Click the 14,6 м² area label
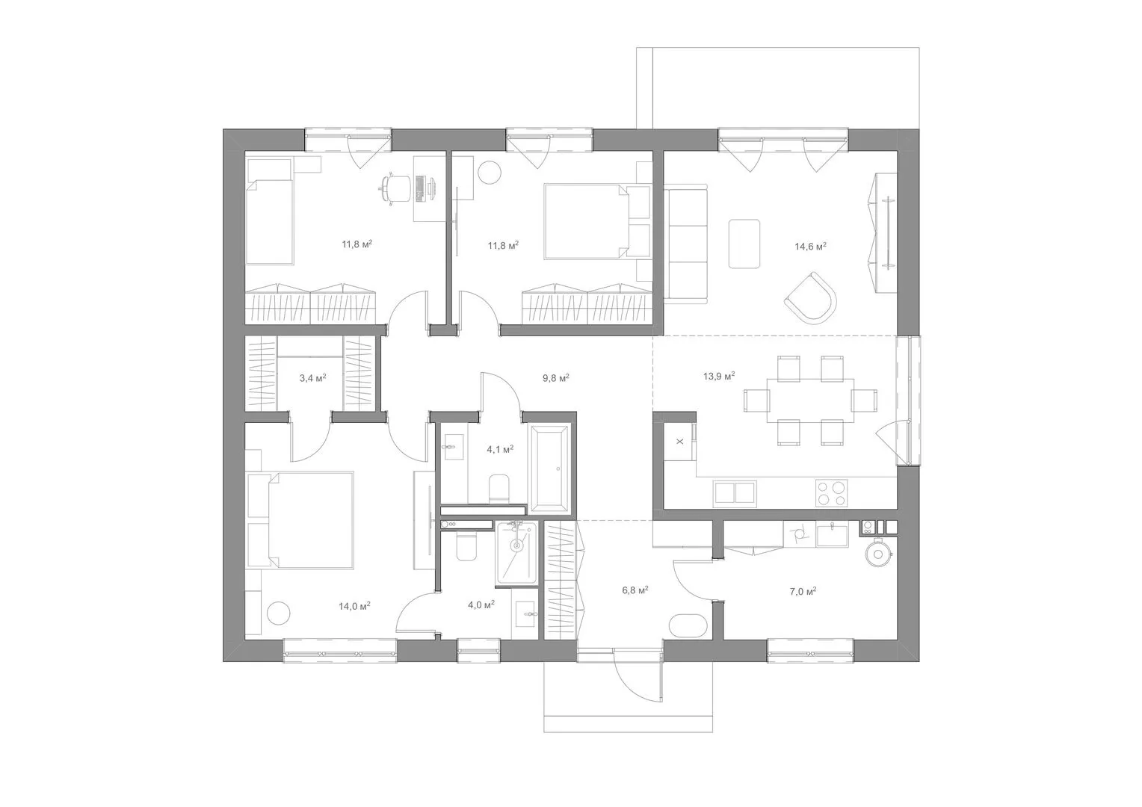(810, 247)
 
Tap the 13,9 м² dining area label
(719, 376)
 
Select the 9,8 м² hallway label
(556, 378)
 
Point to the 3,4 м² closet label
(312, 378)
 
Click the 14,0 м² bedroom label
(354, 606)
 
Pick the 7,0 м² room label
(803, 591)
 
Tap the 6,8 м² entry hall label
(635, 590)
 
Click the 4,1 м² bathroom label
(499, 449)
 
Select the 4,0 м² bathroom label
(481, 605)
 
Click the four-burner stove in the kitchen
(832, 493)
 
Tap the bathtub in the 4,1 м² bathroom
(549, 468)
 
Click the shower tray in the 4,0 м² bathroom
(516, 553)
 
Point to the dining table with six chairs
(810, 401)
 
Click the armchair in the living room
(811, 297)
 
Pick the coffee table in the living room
(744, 244)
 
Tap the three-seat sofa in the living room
(685, 244)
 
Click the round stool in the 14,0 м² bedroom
(279, 613)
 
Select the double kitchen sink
(735, 493)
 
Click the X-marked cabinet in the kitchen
(679, 442)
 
